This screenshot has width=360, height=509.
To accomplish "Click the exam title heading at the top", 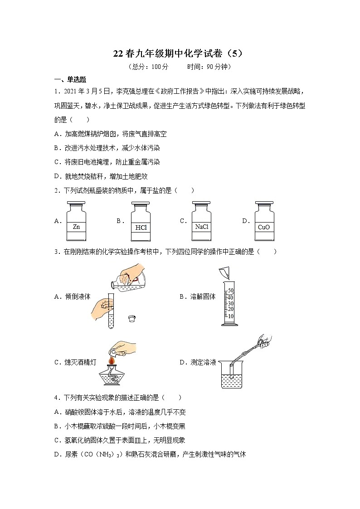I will coord(180,53).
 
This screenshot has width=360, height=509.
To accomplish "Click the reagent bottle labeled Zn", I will coord(76,222).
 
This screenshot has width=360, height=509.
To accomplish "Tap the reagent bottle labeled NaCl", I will coord(201,222).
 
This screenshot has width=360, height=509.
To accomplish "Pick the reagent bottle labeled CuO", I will coord(263,222).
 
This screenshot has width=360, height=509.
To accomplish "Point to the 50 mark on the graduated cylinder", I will coord(230,291).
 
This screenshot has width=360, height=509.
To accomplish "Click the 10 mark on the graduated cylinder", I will coord(230,316).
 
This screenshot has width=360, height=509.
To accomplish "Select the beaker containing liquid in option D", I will coord(232,376).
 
